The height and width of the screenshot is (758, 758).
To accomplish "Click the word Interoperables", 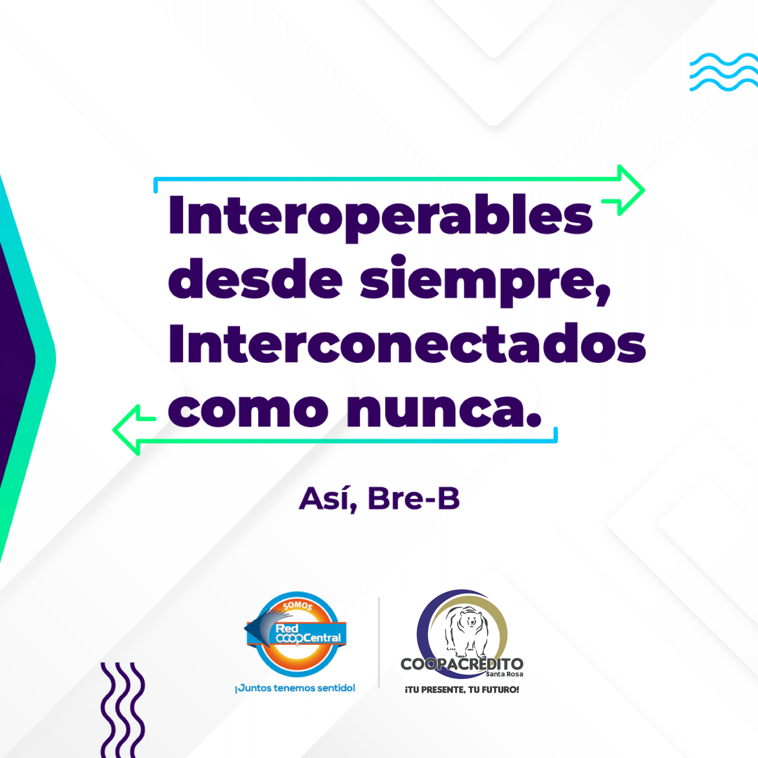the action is pos(380,218).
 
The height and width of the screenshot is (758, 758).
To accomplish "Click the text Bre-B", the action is pos(414,498).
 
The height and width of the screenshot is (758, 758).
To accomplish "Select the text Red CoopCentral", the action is pos(308,634).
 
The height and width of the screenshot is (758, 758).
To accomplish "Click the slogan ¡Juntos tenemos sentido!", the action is pos(295,688).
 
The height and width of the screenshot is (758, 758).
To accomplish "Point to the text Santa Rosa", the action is pos(505,674).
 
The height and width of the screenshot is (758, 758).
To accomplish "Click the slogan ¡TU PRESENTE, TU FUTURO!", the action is pos(462,690).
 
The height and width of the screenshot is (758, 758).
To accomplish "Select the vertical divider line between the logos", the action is pos(379,643).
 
